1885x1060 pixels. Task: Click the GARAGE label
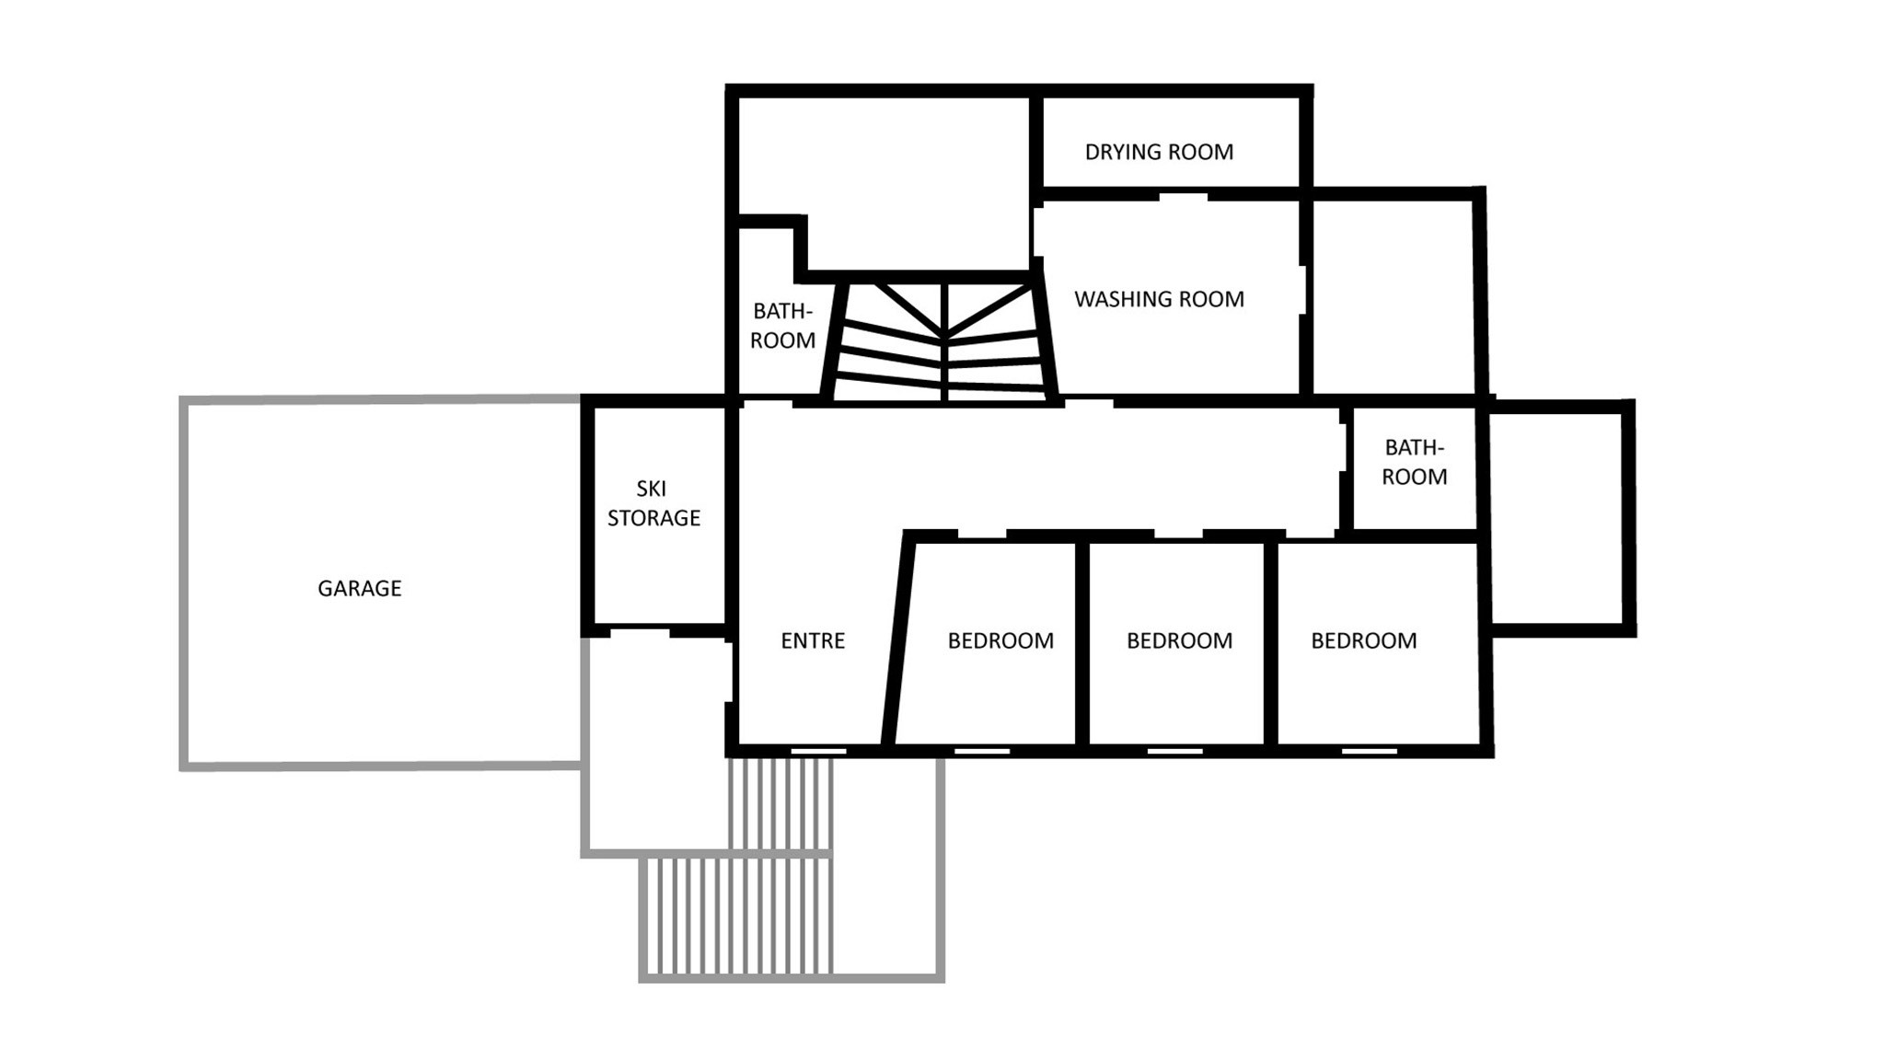point(359,588)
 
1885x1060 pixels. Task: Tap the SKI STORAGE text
point(653,503)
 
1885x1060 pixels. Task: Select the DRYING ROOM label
point(1159,152)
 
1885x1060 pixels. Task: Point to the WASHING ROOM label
point(1159,299)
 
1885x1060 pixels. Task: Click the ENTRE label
point(813,640)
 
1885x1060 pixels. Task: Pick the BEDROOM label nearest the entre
point(1000,640)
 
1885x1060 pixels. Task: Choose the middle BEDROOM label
point(1179,640)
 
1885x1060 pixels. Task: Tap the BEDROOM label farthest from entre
point(1364,640)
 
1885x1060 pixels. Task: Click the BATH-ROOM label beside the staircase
point(782,326)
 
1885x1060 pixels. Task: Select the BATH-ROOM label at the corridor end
point(1415,462)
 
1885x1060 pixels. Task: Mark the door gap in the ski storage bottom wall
point(640,631)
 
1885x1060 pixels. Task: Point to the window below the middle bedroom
point(1175,752)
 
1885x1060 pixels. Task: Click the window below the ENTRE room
point(818,752)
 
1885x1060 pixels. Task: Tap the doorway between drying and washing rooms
point(1183,195)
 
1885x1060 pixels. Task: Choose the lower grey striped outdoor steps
point(736,916)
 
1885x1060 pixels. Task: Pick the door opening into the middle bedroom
point(1178,535)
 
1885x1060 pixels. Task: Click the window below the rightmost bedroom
point(1370,752)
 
